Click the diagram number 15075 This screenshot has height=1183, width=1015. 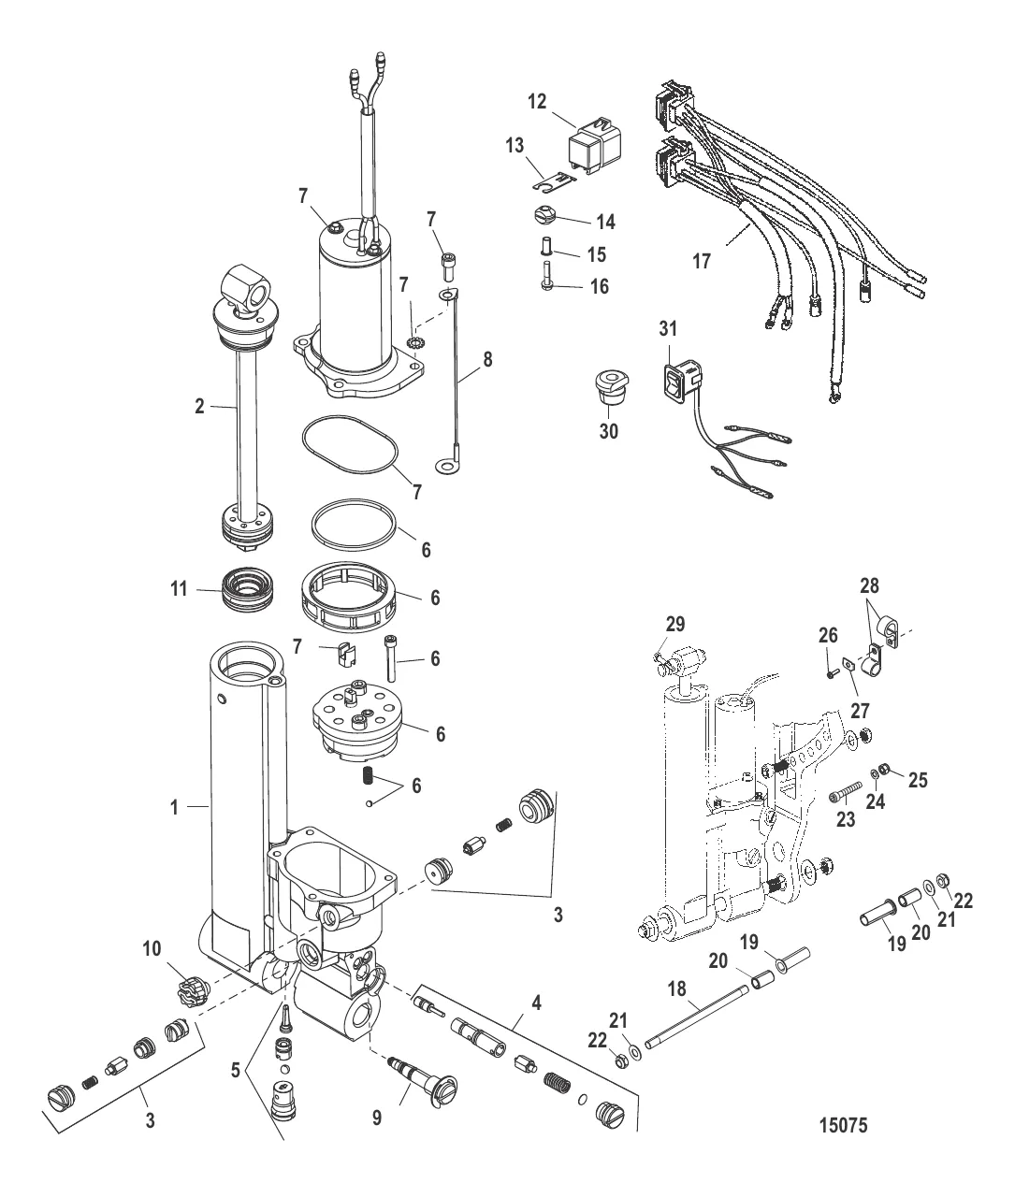coord(843,1125)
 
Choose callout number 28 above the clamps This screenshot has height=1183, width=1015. coord(870,586)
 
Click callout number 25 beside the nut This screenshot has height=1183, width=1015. coord(918,778)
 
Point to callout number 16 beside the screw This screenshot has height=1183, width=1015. coord(598,286)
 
